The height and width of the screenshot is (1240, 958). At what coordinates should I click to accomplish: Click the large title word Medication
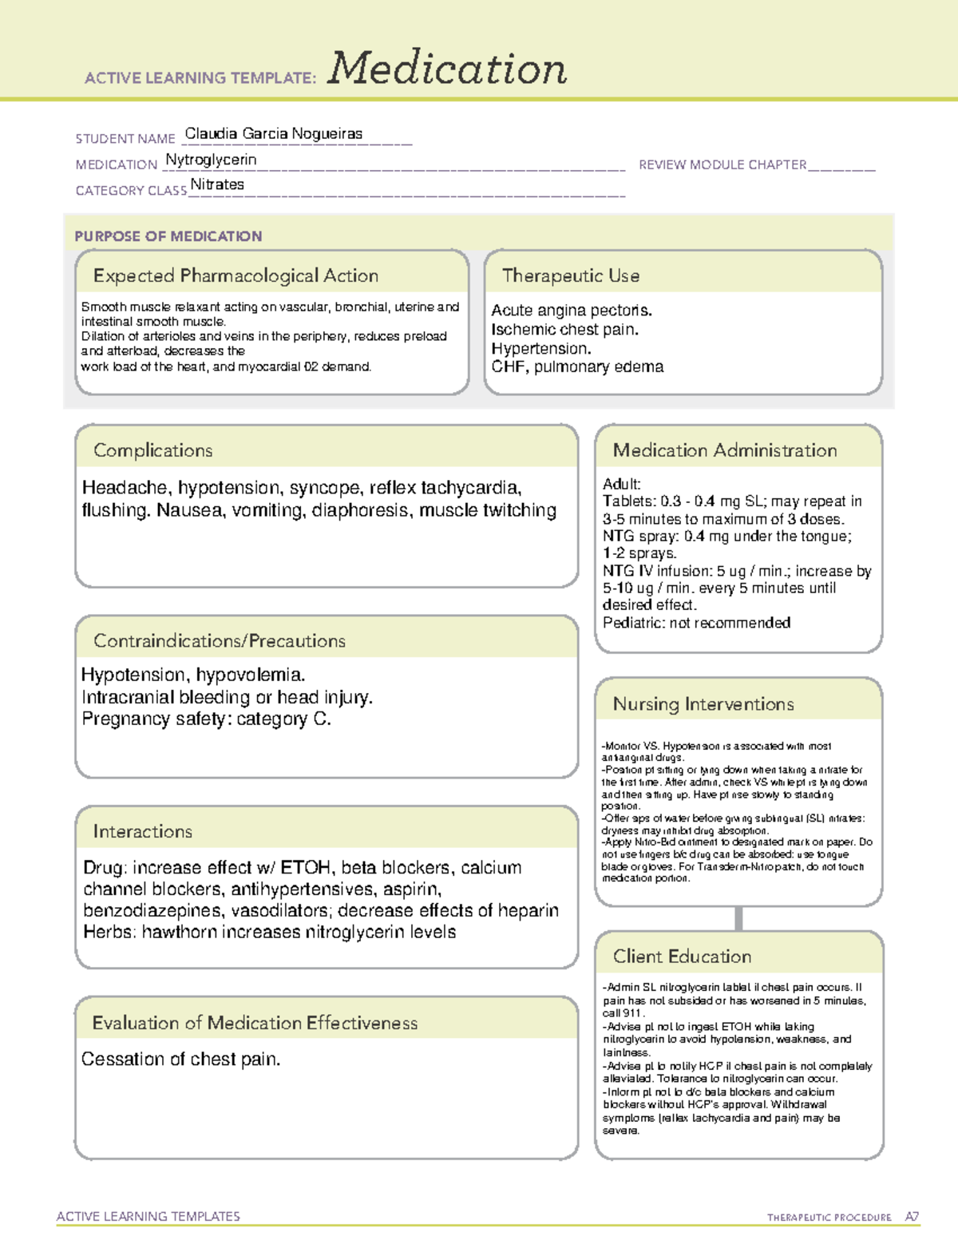(x=447, y=69)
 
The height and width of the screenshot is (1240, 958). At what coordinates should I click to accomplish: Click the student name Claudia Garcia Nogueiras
(x=273, y=134)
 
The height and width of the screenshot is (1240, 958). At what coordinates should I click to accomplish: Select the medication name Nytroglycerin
(x=211, y=160)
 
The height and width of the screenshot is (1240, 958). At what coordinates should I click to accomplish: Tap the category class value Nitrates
(x=217, y=184)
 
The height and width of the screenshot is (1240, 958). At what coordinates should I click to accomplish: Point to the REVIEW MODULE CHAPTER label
(x=722, y=164)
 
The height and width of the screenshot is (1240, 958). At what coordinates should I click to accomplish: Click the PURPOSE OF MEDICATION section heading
(x=168, y=236)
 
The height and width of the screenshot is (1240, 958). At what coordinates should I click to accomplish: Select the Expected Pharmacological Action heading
(x=236, y=275)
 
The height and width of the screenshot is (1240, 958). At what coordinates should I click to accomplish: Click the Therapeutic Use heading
(x=570, y=275)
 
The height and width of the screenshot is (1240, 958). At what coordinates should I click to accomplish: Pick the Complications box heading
(x=153, y=450)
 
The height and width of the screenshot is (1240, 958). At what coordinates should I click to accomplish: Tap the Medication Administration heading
(x=724, y=450)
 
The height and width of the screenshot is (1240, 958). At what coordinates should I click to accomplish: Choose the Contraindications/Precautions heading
(x=220, y=640)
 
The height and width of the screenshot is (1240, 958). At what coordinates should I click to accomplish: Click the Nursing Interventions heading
(x=703, y=703)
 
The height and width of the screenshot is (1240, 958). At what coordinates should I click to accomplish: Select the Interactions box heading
(x=143, y=831)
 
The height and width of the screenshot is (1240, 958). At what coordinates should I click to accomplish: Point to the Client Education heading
(x=682, y=956)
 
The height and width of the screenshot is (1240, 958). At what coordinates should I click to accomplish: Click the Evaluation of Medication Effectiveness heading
(x=255, y=1023)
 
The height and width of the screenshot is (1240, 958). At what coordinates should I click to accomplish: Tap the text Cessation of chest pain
(x=181, y=1060)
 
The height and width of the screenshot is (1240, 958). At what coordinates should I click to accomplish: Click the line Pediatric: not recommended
(x=696, y=623)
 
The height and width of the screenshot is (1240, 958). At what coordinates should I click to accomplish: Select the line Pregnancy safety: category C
(x=206, y=719)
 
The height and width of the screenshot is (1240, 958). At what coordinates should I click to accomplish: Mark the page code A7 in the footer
(x=912, y=1217)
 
